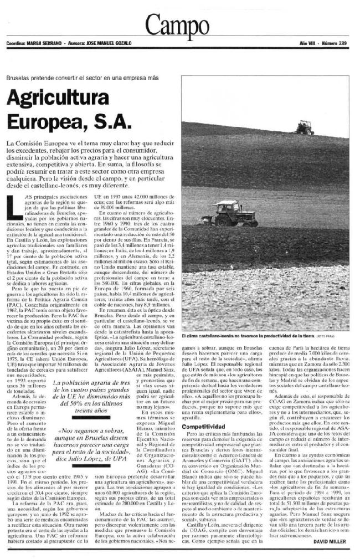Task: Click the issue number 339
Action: coord(345,42)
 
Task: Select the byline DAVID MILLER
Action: coord(331,541)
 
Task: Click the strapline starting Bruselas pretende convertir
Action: coord(83,78)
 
